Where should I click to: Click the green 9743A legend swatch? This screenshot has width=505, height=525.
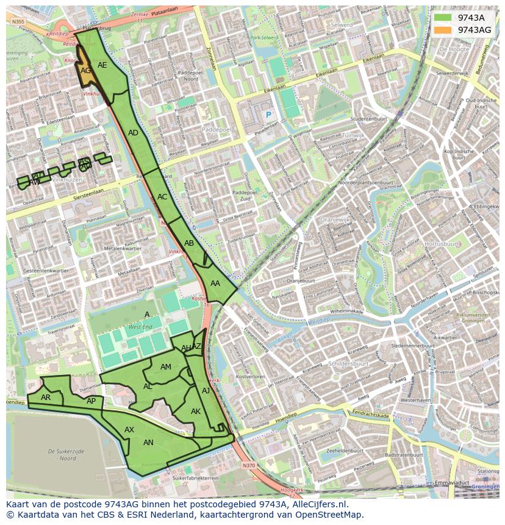tap(443, 18)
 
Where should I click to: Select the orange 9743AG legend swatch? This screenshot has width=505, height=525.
tap(443, 30)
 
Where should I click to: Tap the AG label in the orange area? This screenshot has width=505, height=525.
tap(86, 71)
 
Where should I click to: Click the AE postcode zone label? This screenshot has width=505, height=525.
tap(102, 65)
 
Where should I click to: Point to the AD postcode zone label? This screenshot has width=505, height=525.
tap(133, 133)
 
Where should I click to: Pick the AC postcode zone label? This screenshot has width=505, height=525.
tap(162, 197)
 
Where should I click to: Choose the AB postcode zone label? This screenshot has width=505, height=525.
tap(189, 243)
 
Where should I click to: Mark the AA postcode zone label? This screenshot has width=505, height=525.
tap(215, 284)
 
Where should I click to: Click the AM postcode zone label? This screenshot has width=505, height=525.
tap(166, 367)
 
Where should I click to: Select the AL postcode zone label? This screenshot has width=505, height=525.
tap(148, 387)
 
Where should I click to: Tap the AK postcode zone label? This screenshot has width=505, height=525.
tap(196, 412)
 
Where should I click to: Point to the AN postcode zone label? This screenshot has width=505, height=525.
tap(148, 443)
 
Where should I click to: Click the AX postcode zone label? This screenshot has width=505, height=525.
tap(129, 430)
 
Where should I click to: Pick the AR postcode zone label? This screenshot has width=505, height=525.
tap(46, 398)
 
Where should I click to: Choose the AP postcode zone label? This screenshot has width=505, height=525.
tap(91, 401)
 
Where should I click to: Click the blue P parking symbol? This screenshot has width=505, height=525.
tap(267, 115)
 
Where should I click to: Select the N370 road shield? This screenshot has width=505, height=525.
tap(248, 465)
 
